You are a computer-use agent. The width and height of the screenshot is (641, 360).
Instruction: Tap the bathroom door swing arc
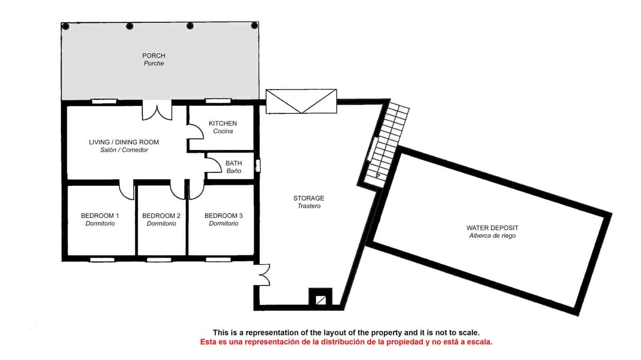[x=213, y=165]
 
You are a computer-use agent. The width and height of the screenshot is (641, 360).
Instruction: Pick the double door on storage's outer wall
[x=262, y=275]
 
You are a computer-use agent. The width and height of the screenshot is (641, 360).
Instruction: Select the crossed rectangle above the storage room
[x=301, y=101]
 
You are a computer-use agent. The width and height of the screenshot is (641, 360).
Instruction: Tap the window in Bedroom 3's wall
[x=218, y=259]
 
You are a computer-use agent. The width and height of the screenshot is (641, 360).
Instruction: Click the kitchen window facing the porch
[x=218, y=101]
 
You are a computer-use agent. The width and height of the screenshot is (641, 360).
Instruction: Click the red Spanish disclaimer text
[x=346, y=342]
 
